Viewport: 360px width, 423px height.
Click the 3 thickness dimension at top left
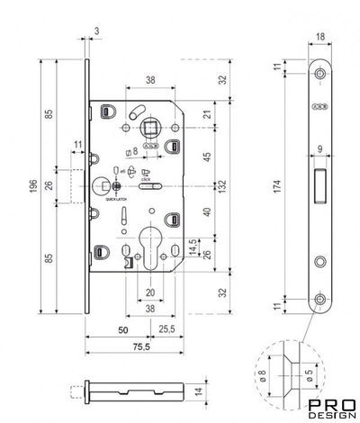click(96, 31)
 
